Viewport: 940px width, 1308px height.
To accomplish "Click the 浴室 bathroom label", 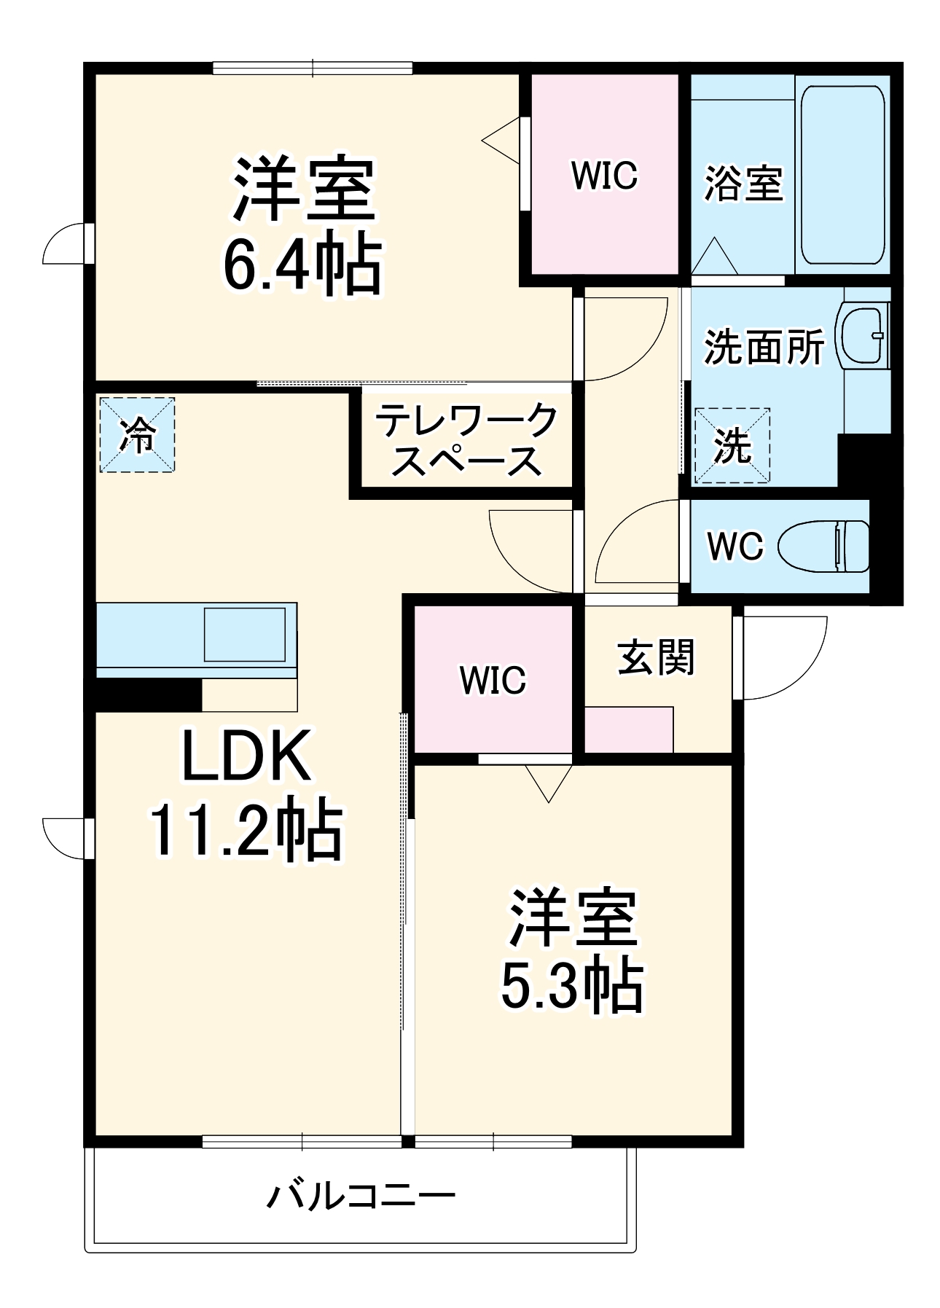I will pos(743,184).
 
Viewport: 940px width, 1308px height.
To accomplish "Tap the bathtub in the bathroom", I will pos(842,175).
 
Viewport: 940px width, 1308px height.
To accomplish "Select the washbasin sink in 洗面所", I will pos(863,336).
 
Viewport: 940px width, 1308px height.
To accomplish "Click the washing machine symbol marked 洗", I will pos(732,445).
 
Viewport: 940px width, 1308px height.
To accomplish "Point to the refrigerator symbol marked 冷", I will pos(137,435).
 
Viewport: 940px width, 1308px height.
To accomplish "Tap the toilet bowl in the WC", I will pos(823,546).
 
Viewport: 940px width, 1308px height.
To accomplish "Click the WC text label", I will pos(735,546).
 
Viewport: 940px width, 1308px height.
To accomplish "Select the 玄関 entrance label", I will pos(656,657).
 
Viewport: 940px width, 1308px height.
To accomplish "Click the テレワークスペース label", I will pos(466,440).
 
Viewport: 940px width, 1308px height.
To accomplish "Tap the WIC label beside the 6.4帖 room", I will pos(604,176).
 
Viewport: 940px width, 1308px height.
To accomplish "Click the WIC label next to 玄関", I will pos(493,681).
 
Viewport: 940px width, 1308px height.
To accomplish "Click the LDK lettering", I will pos(246,756).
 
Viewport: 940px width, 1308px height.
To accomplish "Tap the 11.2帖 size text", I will pos(246,831).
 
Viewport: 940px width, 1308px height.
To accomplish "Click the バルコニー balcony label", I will pos(361,1195).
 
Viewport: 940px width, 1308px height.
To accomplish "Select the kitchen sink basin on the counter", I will pos(245,634).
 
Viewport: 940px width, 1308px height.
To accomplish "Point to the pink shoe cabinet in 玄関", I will pos(628,729).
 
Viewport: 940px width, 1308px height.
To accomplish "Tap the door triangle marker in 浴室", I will pos(715,256).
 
